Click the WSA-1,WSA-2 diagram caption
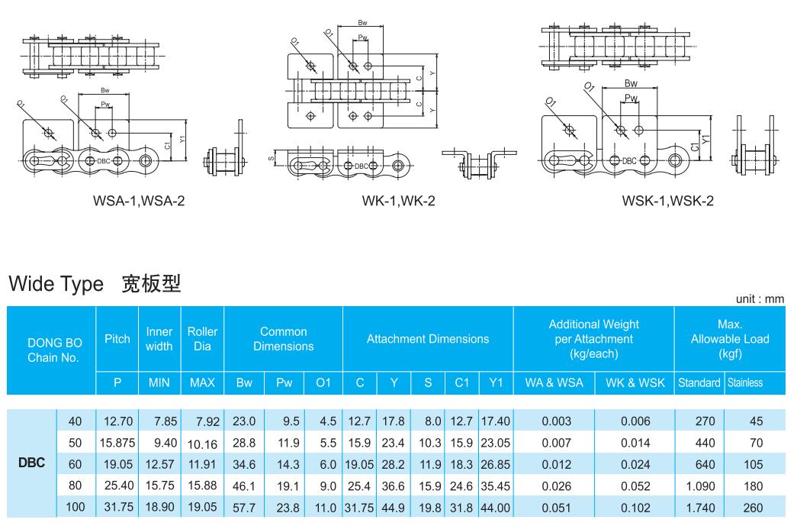pos(137,202)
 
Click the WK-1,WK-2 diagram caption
pos(399,202)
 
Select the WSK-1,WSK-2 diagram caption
pos(667,202)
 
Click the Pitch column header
pos(117,338)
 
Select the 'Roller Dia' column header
pos(201,338)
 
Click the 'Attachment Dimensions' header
pos(428,338)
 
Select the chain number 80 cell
pos(75,484)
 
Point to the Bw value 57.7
pos(244,505)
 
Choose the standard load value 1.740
pos(699,505)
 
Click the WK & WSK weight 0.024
pos(635,463)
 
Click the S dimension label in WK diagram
pos(271,160)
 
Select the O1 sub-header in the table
pos(323,382)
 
